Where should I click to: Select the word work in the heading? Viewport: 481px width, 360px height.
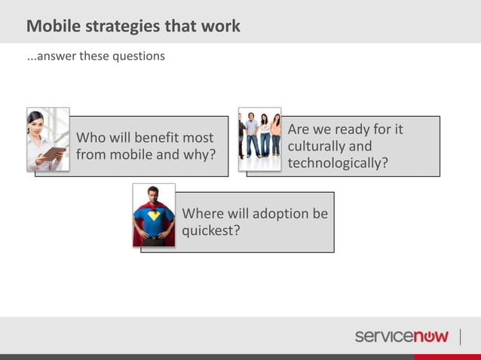(220, 26)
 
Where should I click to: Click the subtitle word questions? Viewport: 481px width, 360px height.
(139, 56)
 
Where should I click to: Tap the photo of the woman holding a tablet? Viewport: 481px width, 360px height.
(47, 139)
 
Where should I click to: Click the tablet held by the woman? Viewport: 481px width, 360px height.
(53, 154)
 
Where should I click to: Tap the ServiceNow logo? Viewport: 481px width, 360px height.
(402, 336)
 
